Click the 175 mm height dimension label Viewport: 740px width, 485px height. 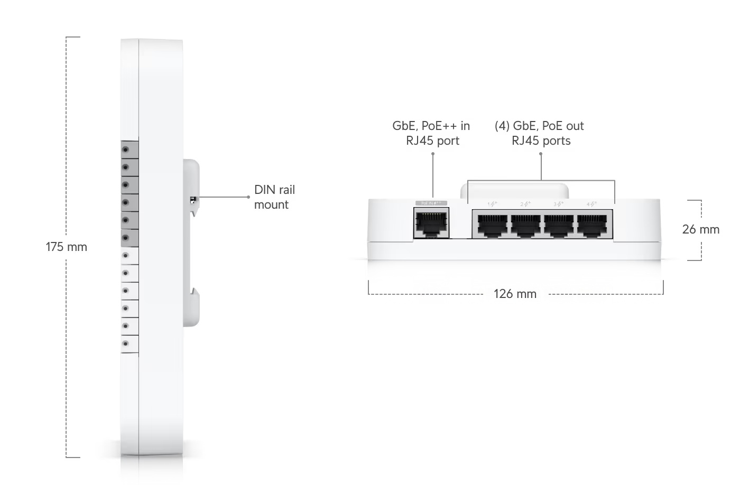66,247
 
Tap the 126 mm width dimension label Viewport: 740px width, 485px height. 515,294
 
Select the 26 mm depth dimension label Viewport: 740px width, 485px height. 700,229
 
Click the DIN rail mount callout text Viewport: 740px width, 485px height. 274,197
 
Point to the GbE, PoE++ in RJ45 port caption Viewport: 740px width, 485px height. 431,133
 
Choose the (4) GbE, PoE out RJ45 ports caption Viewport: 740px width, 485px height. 540,133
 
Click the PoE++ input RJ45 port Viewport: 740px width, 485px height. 431,223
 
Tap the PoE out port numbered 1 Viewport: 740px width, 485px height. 492,225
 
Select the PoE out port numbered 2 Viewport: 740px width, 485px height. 525,225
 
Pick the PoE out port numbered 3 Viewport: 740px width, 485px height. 559,225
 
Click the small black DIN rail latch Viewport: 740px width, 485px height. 193,200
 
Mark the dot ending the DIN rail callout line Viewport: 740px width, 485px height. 248,197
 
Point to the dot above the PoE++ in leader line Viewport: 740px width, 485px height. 433,154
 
